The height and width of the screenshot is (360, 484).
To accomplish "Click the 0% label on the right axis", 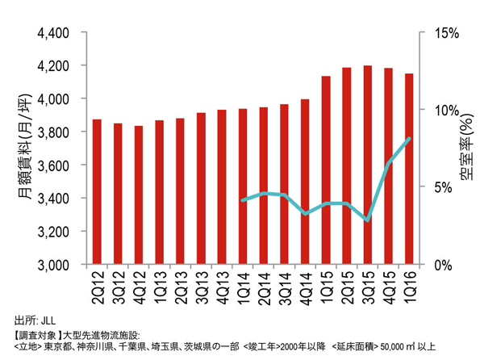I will [441, 265].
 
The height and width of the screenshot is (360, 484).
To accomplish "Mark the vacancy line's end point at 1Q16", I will [409, 139].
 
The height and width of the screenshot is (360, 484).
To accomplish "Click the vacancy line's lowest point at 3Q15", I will [368, 220].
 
